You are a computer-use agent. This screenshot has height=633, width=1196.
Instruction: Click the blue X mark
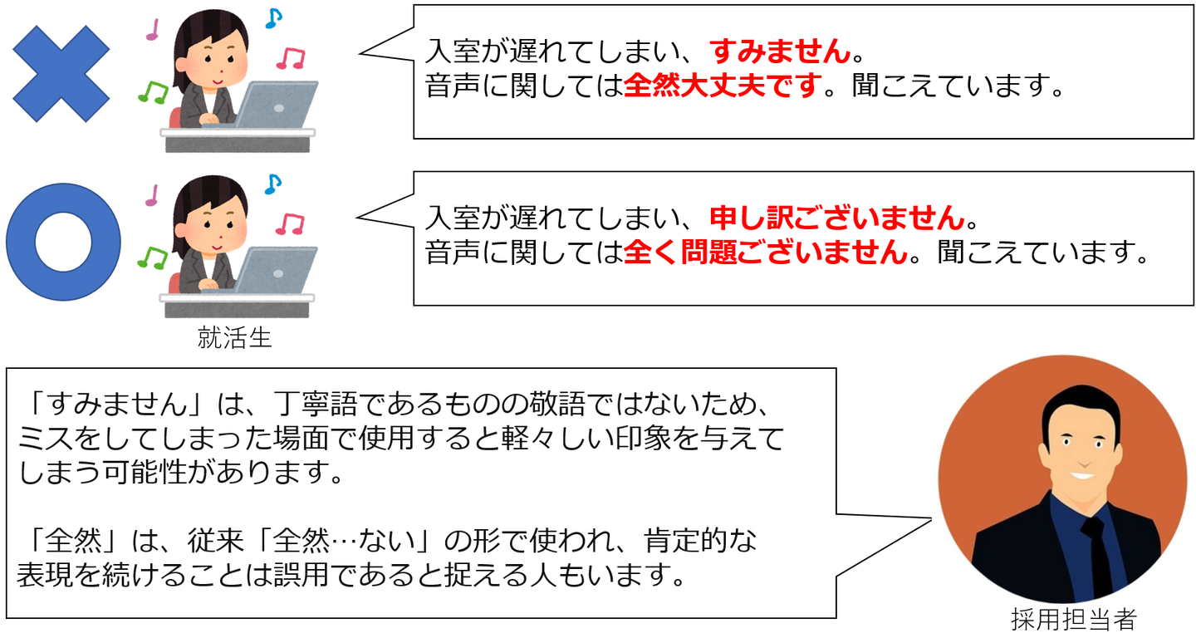point(61,74)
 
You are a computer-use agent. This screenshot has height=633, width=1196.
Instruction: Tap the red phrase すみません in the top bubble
point(780,52)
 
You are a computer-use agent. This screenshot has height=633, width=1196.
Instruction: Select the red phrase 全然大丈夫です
point(723,86)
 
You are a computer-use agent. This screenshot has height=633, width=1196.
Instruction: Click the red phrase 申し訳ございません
point(836,218)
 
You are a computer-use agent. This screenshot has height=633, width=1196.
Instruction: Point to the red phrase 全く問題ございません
point(765,253)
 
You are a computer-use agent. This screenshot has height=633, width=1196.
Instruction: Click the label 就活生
point(234,337)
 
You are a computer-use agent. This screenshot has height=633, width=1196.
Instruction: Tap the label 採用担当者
point(1074,619)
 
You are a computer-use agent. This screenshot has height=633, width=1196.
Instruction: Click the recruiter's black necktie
point(1098,556)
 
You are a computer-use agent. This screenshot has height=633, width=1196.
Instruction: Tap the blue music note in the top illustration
point(273,18)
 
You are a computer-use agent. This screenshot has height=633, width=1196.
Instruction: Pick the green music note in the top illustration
point(153,92)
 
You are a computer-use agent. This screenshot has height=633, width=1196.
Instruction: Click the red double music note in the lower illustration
point(290,223)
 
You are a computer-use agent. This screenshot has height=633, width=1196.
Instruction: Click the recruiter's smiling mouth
point(1083,474)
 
